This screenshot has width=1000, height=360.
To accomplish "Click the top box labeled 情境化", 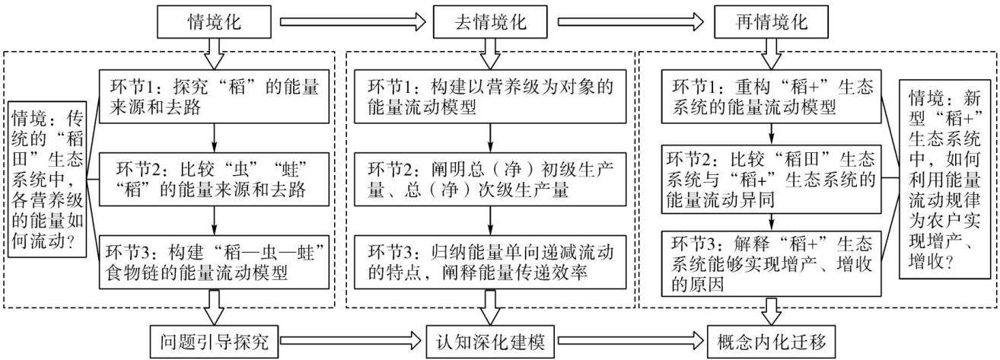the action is tap(215, 22).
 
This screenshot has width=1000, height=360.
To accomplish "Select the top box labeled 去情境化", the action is tap(490, 22).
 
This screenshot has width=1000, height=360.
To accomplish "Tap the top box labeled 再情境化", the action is tap(772, 22).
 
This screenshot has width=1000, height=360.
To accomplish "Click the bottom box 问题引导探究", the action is tap(215, 342).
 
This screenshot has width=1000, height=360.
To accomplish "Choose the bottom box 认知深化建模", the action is tap(490, 342).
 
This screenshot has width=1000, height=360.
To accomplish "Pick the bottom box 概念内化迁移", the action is tap(772, 342).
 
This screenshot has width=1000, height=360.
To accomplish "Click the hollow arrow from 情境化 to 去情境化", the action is tap(352, 22).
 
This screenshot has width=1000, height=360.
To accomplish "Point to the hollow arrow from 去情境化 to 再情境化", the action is tap(631, 22).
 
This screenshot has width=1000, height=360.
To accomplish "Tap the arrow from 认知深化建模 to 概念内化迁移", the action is tap(630, 342).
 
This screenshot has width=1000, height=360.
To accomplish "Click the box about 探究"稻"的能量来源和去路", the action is tap(214, 97).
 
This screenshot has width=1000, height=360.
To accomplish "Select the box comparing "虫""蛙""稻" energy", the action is tap(214, 179).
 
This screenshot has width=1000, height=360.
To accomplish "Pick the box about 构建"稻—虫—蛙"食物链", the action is tap(214, 262).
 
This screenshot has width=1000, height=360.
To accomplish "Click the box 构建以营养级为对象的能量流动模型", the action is tap(490, 97).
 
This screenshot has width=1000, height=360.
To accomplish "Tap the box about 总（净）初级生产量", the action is tap(490, 179).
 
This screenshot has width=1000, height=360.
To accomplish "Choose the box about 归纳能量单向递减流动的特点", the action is tap(490, 262).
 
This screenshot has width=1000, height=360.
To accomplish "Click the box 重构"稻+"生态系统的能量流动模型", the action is tap(771, 97).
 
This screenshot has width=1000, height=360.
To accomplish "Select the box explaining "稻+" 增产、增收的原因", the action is tap(771, 263).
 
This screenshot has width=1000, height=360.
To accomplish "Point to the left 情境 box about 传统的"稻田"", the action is tap(47, 179).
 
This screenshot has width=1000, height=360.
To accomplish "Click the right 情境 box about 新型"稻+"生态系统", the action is tap(944, 179).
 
